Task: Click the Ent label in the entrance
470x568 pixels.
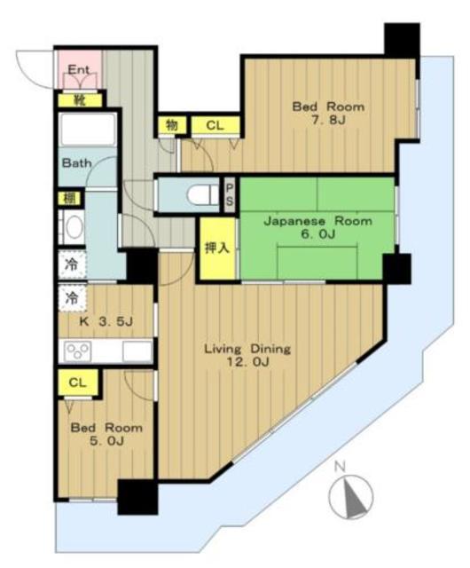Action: pyautogui.click(x=79, y=69)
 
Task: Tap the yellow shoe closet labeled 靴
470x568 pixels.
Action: pyautogui.click(x=80, y=100)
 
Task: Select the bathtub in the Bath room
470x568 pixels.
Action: pyautogui.click(x=88, y=130)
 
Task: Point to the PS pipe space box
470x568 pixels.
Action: pyautogui.click(x=230, y=194)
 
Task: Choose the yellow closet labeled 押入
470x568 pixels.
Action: pyautogui.click(x=217, y=248)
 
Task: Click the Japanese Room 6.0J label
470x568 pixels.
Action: pyautogui.click(x=318, y=227)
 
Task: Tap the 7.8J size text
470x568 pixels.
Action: pyautogui.click(x=329, y=120)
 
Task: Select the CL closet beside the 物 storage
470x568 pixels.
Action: pyautogui.click(x=215, y=125)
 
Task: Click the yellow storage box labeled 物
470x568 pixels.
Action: pyautogui.click(x=172, y=125)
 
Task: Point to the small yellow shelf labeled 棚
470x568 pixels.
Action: pyautogui.click(x=69, y=198)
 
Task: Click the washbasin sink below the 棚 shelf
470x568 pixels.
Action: pyautogui.click(x=74, y=227)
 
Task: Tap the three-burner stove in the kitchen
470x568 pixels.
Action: pyautogui.click(x=77, y=351)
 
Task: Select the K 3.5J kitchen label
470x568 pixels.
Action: pyautogui.click(x=106, y=321)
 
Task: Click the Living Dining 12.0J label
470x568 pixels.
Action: pyautogui.click(x=247, y=355)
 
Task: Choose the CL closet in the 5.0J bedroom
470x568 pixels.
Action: pyautogui.click(x=77, y=383)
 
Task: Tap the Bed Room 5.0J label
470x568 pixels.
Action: pyautogui.click(x=106, y=434)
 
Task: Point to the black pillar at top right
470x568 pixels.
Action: pyautogui.click(x=402, y=40)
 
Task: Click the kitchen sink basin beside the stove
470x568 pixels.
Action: pyautogui.click(x=137, y=351)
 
